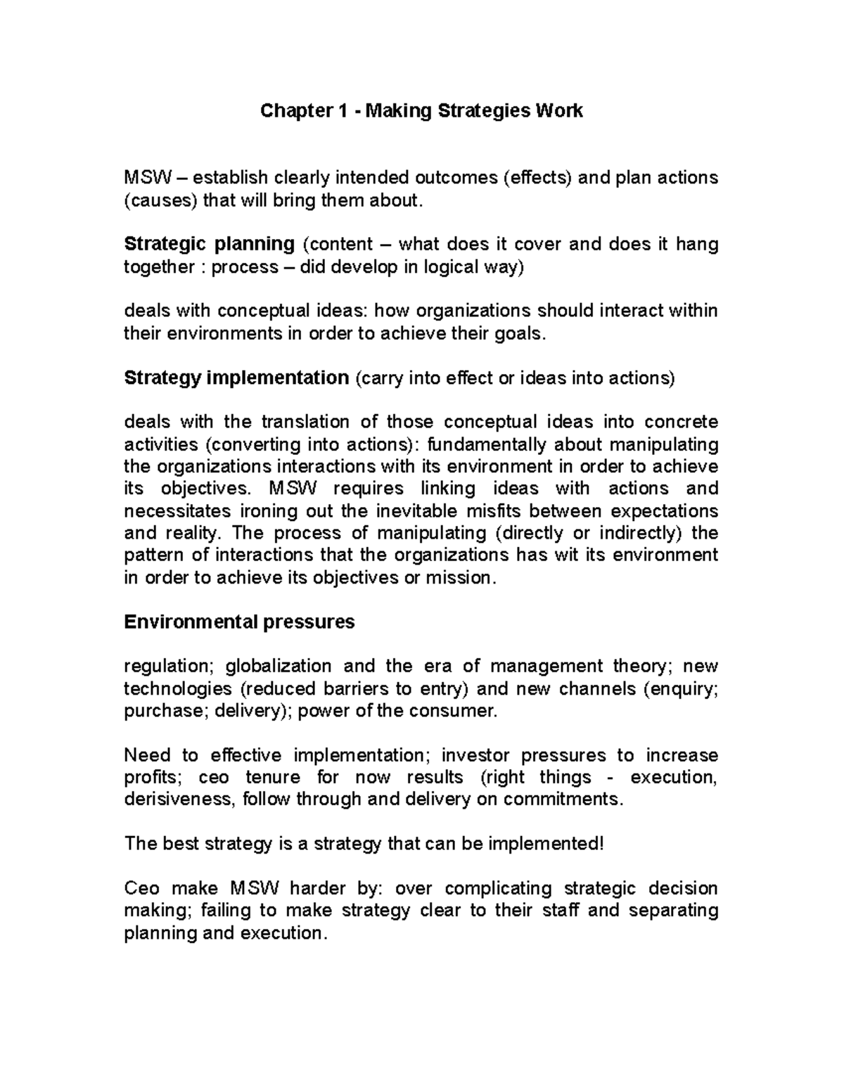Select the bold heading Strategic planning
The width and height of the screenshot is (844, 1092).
point(209,244)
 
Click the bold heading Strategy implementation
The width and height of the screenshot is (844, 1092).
point(236,378)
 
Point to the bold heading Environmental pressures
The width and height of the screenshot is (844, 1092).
point(239,622)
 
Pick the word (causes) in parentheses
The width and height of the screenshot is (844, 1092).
point(160,200)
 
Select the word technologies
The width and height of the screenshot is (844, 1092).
point(178,688)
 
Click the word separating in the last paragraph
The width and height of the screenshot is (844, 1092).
point(672,911)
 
